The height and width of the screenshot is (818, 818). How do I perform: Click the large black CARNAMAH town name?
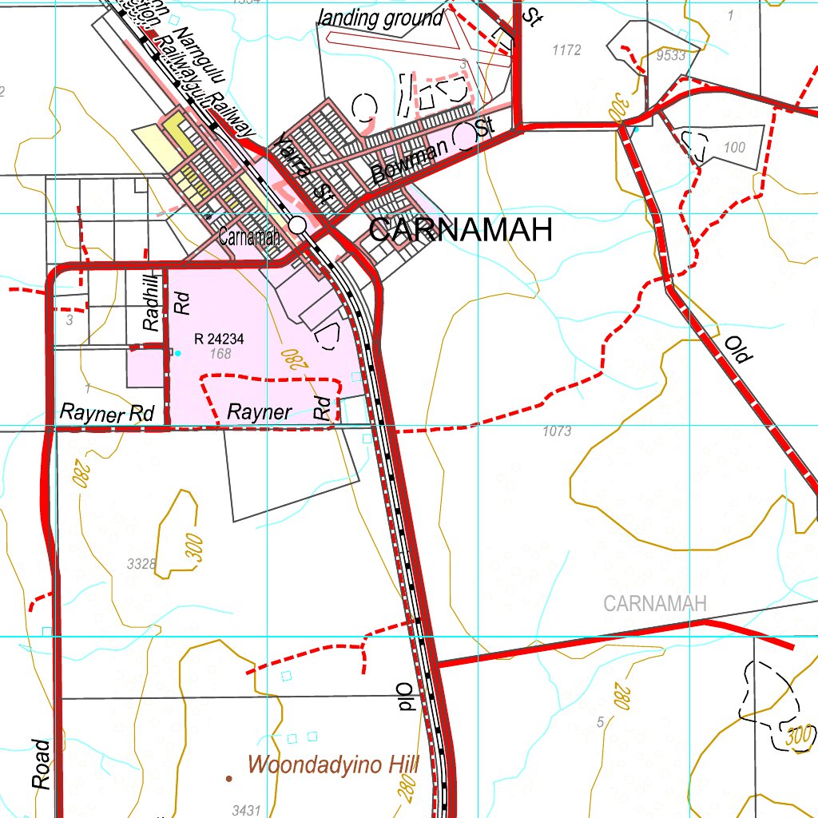pyautogui.click(x=461, y=231)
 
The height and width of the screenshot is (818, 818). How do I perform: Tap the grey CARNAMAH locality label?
pyautogui.click(x=655, y=604)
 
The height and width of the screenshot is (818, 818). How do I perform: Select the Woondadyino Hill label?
pyautogui.click(x=333, y=765)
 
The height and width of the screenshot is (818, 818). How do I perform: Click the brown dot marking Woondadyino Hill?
pyautogui.click(x=229, y=777)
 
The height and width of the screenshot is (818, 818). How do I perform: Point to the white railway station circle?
pyautogui.click(x=298, y=226)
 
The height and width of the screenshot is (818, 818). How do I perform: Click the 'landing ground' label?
pyautogui.click(x=379, y=18)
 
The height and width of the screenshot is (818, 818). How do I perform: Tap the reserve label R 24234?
pyautogui.click(x=218, y=339)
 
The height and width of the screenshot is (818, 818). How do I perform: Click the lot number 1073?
pyautogui.click(x=556, y=431)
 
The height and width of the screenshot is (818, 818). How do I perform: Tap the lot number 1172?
pyautogui.click(x=566, y=50)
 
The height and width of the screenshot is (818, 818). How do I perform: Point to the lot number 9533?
pyautogui.click(x=670, y=55)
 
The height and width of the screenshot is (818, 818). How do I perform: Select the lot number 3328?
pyautogui.click(x=141, y=564)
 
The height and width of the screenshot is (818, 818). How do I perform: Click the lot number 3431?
pyautogui.click(x=246, y=810)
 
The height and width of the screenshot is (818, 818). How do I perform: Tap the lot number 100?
pyautogui.click(x=734, y=148)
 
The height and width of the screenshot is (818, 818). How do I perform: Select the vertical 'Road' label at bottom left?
pyautogui.click(x=42, y=764)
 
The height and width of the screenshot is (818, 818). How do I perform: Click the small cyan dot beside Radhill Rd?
pyautogui.click(x=178, y=353)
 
